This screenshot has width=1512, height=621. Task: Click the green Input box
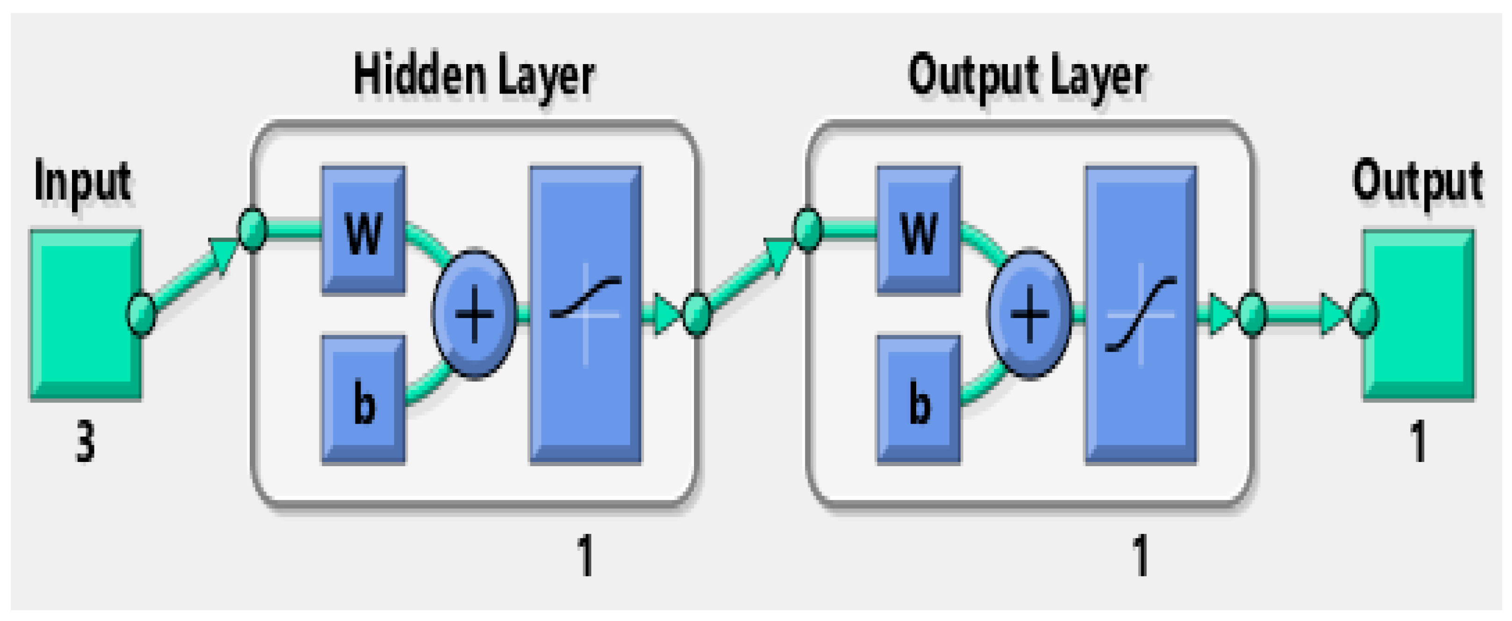pos(85,315)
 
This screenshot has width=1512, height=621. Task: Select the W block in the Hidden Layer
pos(363,230)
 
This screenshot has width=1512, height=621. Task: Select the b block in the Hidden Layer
pos(363,400)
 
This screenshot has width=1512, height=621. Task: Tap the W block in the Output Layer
pos(919,230)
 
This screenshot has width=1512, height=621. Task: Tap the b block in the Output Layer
pos(919,400)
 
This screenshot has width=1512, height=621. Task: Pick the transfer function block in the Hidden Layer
pos(585,315)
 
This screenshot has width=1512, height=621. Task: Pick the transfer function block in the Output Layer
pos(1141,315)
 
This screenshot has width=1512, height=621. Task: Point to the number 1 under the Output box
pos(1418,441)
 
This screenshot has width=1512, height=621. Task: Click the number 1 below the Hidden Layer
pos(585,555)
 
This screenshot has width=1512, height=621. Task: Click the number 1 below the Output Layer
pos(1141,555)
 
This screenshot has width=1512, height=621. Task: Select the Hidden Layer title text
pos(474,76)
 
